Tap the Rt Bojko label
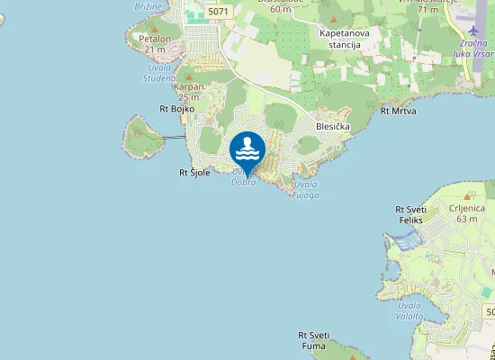176,109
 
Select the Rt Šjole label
194,172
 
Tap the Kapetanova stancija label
345,38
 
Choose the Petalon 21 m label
155,43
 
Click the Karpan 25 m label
190,92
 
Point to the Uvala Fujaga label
306,190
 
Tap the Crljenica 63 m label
465,212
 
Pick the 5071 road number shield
216,12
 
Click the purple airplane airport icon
473,31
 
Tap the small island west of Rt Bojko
140,137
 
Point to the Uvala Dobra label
244,177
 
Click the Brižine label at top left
148,5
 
